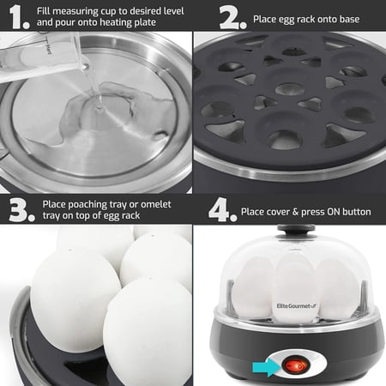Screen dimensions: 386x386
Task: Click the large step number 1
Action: (x=16, y=16)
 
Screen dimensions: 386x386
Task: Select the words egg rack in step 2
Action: (x=294, y=17)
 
